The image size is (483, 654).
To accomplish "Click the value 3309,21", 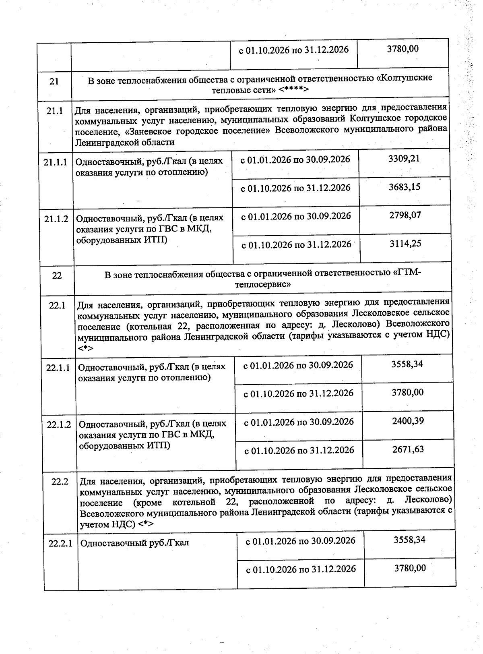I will [x=404, y=159].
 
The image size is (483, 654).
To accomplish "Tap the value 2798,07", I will [x=405, y=215].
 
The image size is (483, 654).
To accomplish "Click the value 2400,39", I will [x=408, y=421].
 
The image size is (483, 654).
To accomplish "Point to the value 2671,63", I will [x=408, y=449].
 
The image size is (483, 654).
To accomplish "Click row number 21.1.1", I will [x=56, y=163].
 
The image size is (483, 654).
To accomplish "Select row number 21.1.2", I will [x=56, y=219].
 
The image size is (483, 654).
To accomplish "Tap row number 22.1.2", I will [x=59, y=425].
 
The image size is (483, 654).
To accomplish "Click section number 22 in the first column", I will [x=57, y=276].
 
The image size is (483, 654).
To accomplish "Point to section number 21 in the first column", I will [x=54, y=81].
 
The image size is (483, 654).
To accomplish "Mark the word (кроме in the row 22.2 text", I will [x=147, y=502].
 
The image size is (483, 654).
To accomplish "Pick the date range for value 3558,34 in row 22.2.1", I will [x=301, y=540].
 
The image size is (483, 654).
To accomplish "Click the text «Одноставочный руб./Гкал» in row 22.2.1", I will [x=134, y=543].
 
